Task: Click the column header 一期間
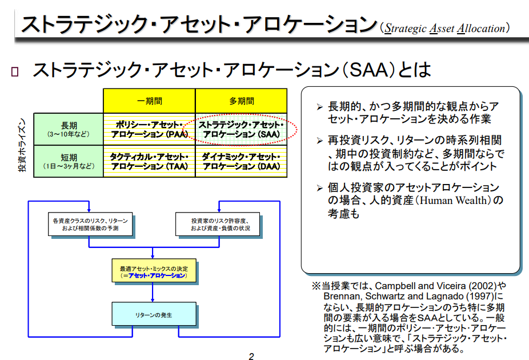coord(149,101)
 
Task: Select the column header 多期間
coord(242,101)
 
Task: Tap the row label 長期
coord(68,129)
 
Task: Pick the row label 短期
coord(68,161)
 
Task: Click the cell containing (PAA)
coord(149,129)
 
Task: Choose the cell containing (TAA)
coord(149,161)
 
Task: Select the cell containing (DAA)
coord(242,161)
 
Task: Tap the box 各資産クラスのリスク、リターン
coord(90,224)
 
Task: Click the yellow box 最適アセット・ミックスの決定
coord(153,271)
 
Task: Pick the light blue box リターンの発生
coord(153,314)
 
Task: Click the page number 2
coord(251,356)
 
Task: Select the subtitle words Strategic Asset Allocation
coord(445,28)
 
